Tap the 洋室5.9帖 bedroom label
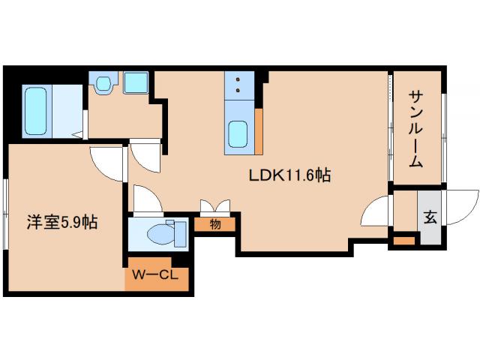click(62, 223)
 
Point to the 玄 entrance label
click(430, 218)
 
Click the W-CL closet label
click(155, 275)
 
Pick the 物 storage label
click(215, 223)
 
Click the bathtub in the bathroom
click(36, 111)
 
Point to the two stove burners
click(239, 85)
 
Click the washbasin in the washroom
click(103, 82)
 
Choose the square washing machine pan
click(136, 82)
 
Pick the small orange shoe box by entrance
click(404, 241)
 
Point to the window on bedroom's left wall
click(5, 214)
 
